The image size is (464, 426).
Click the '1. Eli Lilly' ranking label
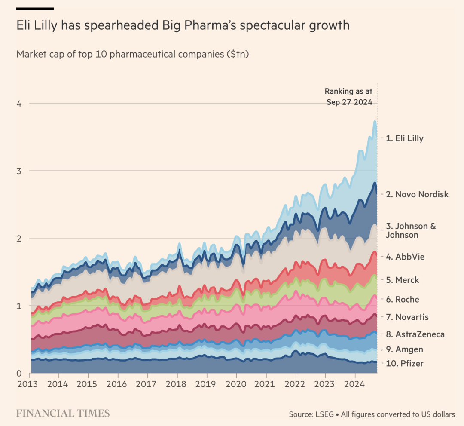click(x=404, y=138)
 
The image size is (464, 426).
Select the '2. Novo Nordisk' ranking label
click(x=417, y=194)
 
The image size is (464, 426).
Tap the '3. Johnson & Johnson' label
click(x=410, y=230)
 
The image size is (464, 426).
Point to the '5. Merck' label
click(x=402, y=280)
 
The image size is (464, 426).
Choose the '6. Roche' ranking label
click(x=402, y=300)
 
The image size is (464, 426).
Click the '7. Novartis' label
click(x=407, y=317)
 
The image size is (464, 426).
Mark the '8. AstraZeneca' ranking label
click(x=415, y=334)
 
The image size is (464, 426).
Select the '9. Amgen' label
click(x=404, y=349)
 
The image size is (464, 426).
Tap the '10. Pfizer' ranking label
click(x=404, y=364)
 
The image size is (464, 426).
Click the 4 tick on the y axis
click(x=19, y=104)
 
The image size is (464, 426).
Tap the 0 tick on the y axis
click(x=19, y=373)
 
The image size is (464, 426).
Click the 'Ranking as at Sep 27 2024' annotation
click(x=348, y=97)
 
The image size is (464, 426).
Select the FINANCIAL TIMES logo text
click(x=63, y=414)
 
